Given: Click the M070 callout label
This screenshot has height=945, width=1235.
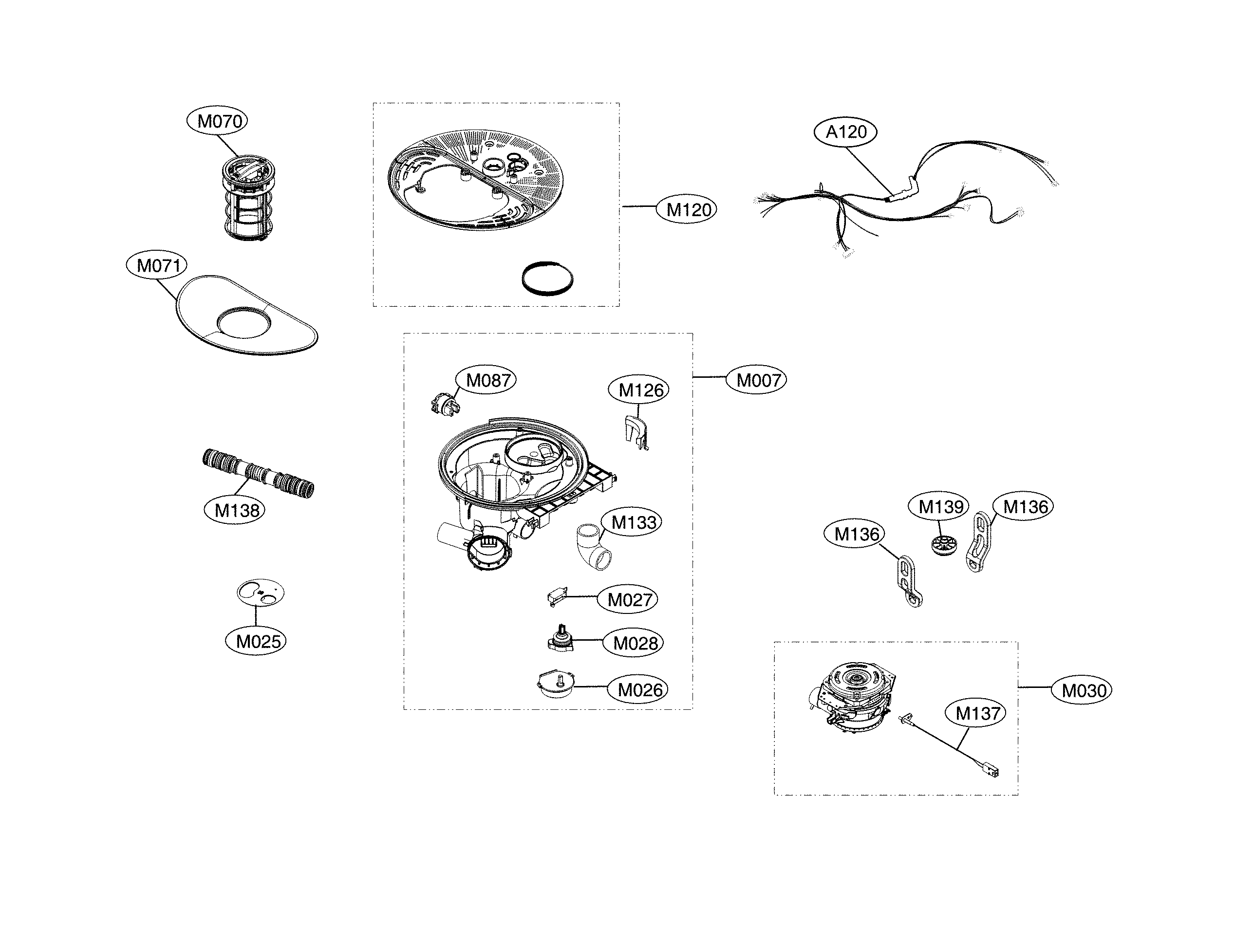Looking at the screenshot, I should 217,121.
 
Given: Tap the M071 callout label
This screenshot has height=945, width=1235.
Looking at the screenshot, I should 157,265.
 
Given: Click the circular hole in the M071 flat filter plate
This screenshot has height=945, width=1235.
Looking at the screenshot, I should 243,322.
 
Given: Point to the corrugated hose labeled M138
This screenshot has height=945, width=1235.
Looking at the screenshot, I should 258,473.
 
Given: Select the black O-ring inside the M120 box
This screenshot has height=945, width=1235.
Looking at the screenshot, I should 547,278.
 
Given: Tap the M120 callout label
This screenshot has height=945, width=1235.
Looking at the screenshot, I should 687,210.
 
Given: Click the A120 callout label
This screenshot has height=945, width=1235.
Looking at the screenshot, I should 845,131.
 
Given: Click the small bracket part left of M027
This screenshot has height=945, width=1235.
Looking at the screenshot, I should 557,596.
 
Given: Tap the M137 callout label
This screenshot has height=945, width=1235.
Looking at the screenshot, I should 978,713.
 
